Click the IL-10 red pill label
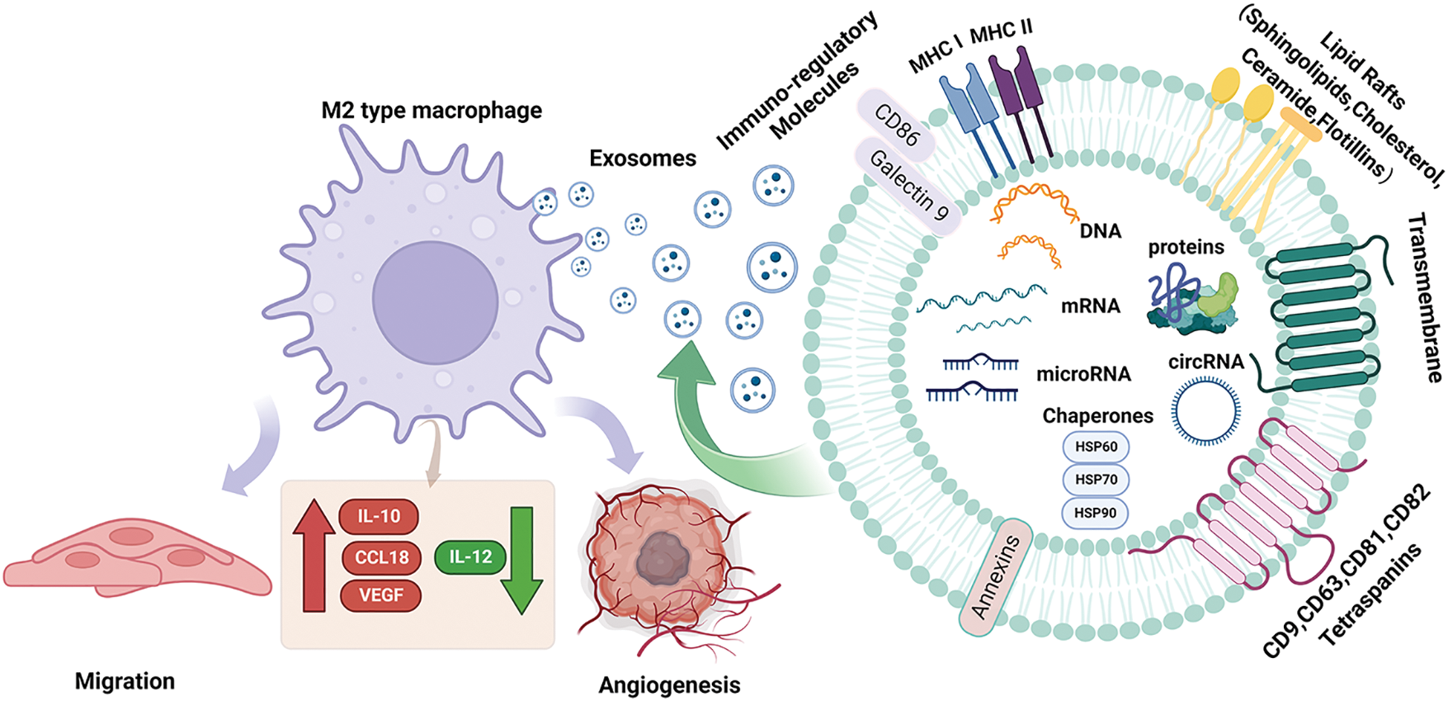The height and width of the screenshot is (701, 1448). tap(379, 517)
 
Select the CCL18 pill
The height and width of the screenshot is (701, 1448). tap(381, 557)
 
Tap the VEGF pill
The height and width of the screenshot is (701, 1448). tap(380, 595)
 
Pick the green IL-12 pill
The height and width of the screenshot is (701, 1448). tap(470, 557)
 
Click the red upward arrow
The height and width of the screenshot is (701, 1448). tap(314, 556)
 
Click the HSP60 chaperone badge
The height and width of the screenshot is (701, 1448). tap(1096, 447)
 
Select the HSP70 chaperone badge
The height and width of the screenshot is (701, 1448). tap(1096, 480)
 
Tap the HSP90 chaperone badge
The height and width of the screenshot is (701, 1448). tap(1095, 513)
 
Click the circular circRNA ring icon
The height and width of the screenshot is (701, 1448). tap(1206, 411)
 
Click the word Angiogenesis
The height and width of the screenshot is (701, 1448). tap(669, 685)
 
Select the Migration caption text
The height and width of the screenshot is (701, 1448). tap(125, 681)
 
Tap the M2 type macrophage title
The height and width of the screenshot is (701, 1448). tap(432, 111)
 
